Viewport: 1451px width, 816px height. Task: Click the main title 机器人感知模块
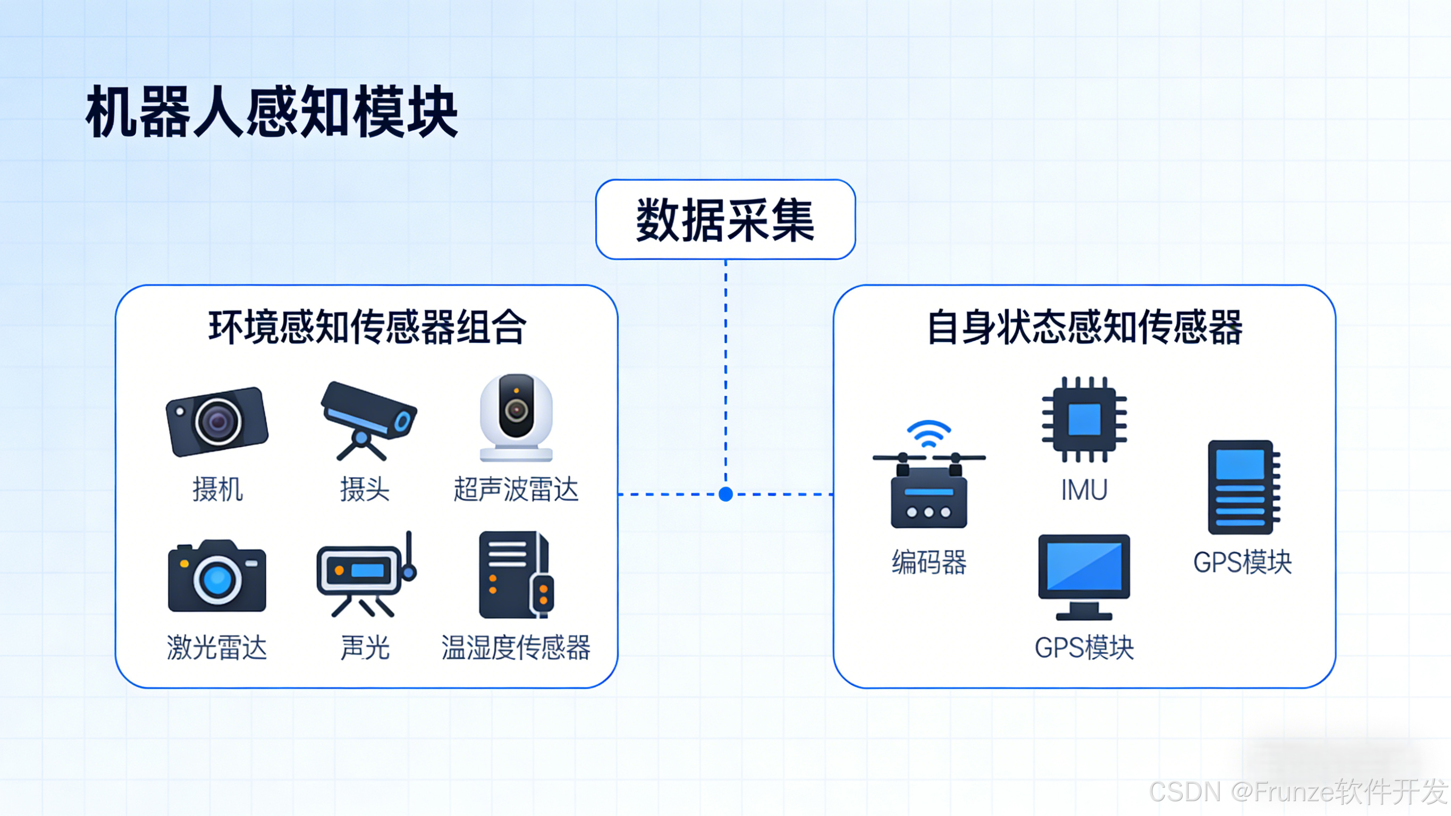272,112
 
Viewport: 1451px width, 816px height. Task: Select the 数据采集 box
725,220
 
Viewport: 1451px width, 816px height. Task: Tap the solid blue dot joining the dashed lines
725,494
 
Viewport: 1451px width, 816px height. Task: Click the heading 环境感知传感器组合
367,327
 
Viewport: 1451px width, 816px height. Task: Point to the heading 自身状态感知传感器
1084,327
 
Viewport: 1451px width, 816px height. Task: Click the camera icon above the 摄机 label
217,421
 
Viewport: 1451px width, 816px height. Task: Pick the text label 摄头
365,489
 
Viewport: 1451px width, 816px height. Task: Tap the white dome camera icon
516,417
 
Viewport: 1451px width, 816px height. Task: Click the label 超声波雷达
516,489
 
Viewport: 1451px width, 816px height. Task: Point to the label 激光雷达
217,647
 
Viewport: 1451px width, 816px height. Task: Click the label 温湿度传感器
516,647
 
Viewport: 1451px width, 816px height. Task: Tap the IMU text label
1084,489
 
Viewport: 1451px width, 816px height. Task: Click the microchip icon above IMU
1084,419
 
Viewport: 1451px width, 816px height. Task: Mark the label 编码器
929,562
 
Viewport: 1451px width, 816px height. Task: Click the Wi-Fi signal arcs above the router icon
929,433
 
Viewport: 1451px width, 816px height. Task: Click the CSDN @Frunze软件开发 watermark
1298,791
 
